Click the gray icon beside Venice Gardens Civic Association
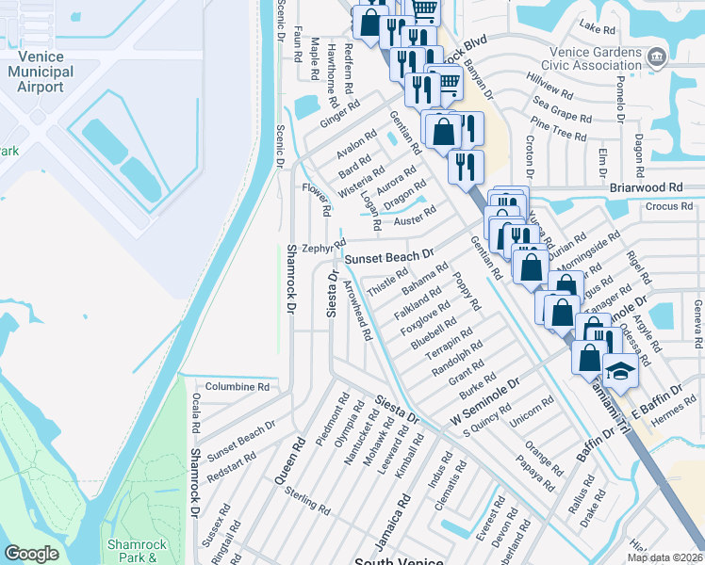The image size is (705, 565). pos(657,56)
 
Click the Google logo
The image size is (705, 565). pos(31,554)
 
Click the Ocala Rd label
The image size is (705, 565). pos(196,415)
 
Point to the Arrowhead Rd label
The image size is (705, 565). pos(354,310)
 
